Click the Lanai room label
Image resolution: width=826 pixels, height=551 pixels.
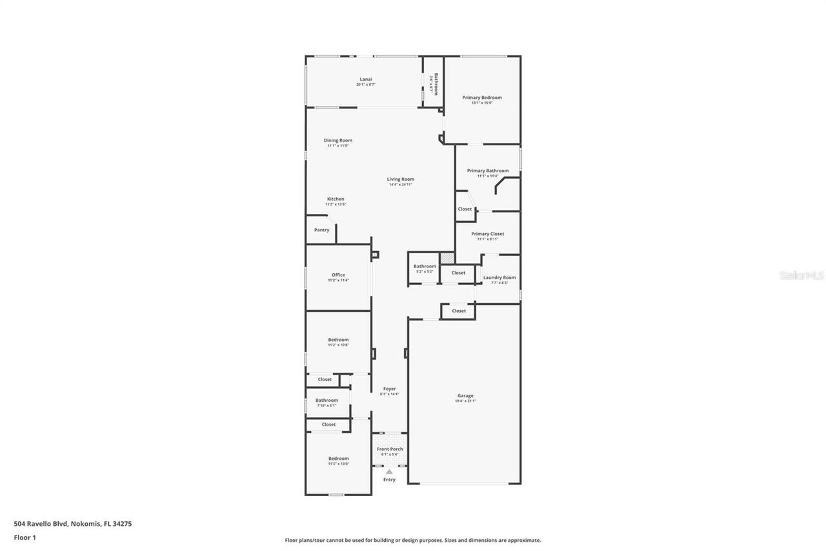(x=366, y=79)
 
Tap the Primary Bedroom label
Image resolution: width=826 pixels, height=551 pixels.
(x=481, y=98)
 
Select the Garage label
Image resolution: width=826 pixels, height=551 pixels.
(x=465, y=396)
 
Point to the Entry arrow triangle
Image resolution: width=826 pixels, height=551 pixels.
(x=389, y=472)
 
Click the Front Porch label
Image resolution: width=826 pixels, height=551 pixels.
(x=390, y=449)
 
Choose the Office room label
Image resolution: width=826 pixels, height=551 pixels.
(x=338, y=275)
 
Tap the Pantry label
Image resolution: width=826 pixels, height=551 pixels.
(x=321, y=230)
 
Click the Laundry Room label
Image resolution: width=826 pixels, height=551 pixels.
(x=499, y=278)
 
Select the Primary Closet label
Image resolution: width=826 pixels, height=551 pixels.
(x=487, y=234)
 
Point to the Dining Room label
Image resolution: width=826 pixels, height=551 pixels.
(x=337, y=140)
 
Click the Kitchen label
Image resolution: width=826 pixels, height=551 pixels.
(x=335, y=199)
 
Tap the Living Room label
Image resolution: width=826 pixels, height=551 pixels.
(x=400, y=180)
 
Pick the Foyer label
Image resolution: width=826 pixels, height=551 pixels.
(x=389, y=389)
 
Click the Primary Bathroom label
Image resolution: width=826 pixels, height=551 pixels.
(x=487, y=171)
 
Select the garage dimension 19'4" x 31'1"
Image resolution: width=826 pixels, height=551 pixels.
(x=465, y=401)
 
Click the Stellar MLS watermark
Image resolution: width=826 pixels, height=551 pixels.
(x=801, y=275)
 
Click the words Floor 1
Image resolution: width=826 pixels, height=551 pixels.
(x=25, y=537)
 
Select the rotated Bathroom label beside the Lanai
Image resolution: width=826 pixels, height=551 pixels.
(x=436, y=84)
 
